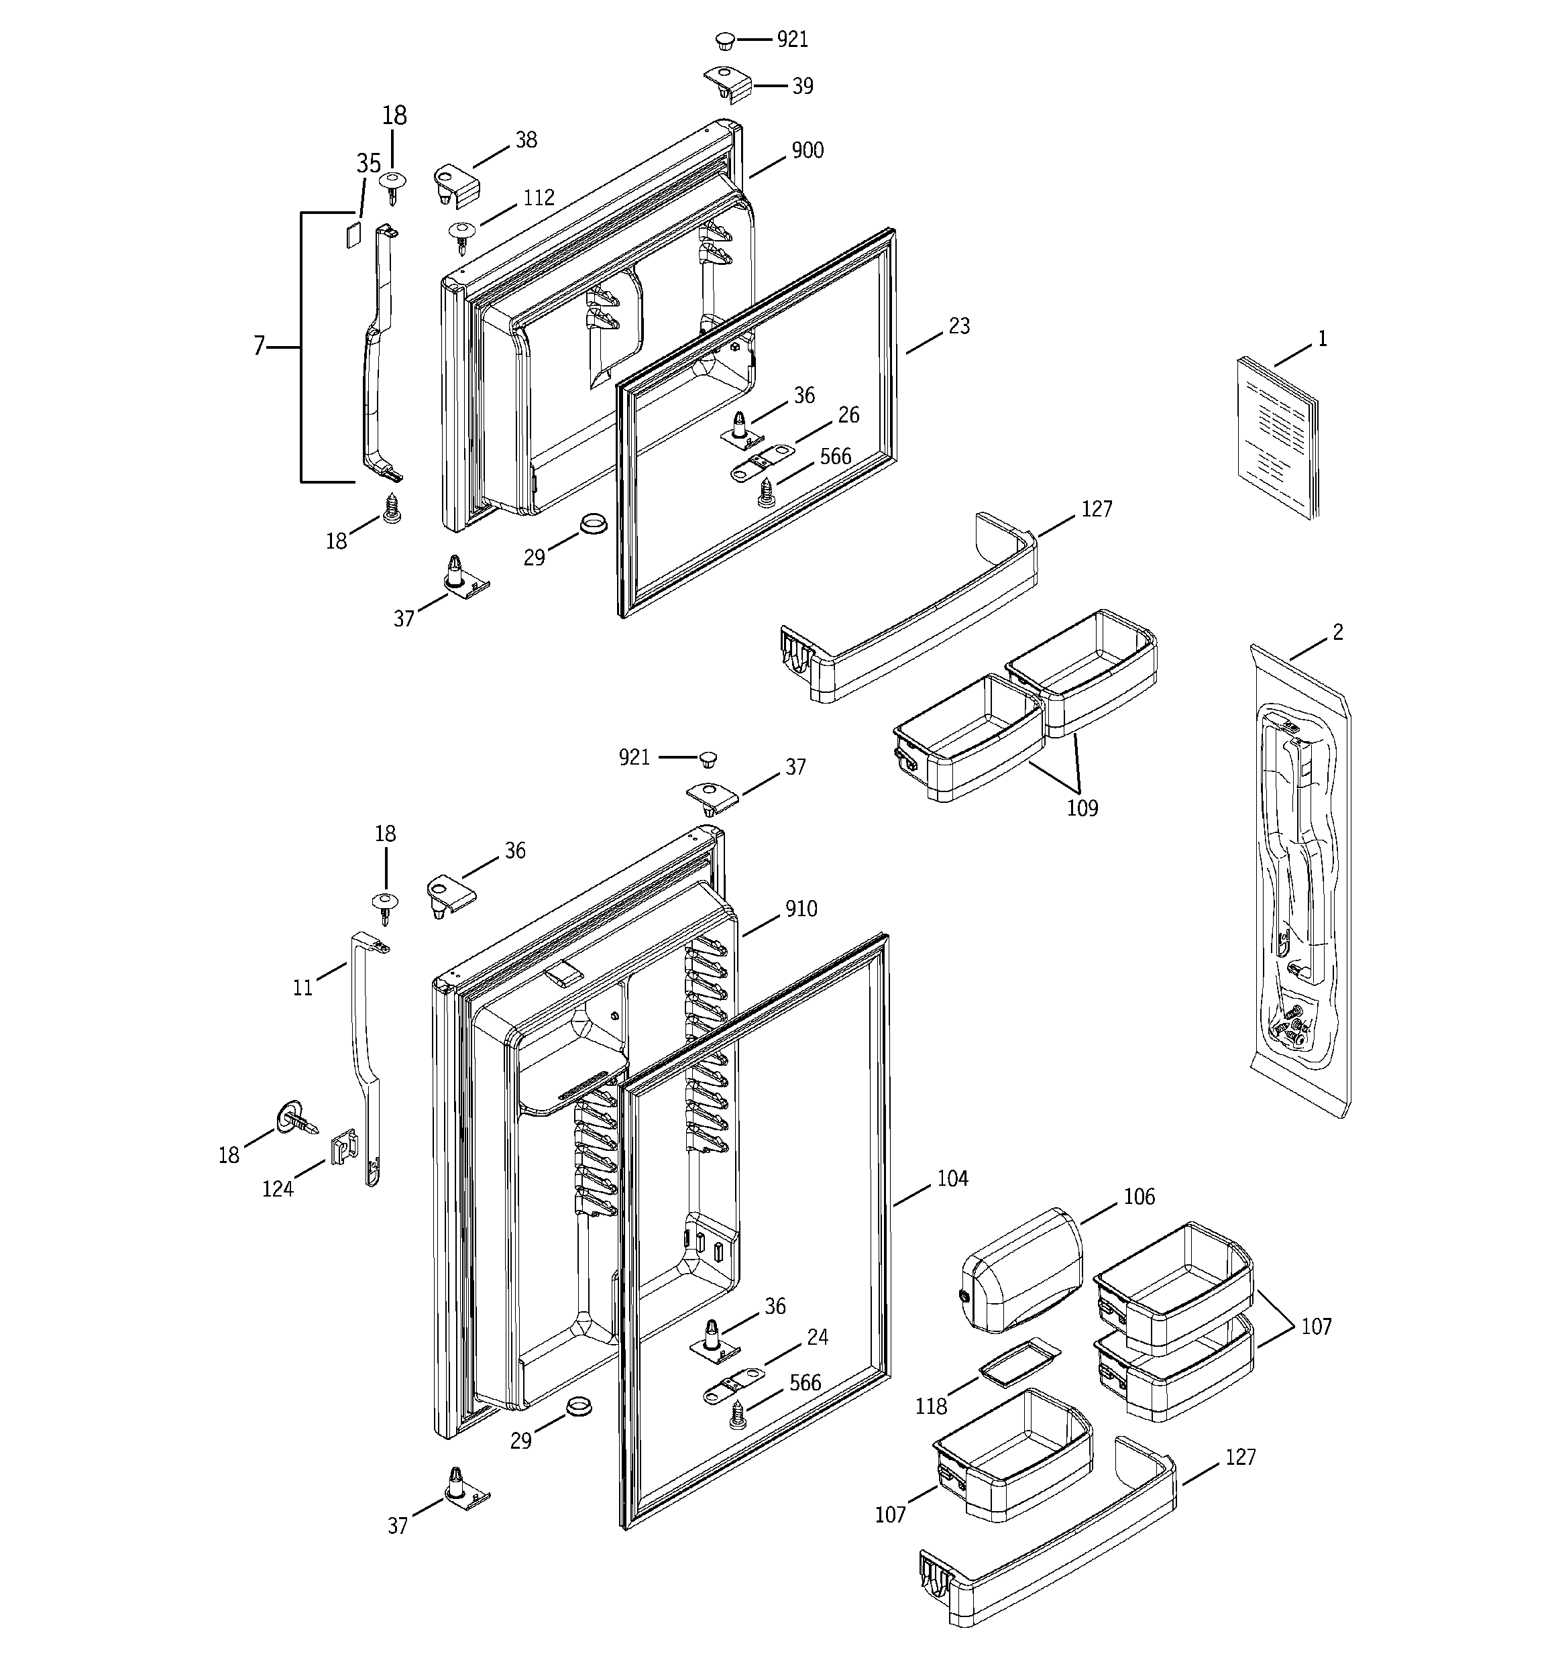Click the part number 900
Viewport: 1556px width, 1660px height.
click(807, 150)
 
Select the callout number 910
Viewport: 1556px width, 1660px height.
click(800, 909)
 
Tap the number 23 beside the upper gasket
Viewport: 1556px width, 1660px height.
click(959, 326)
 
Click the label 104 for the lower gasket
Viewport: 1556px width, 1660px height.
click(952, 1178)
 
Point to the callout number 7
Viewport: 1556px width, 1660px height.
click(259, 345)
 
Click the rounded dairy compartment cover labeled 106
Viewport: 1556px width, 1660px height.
click(1021, 1269)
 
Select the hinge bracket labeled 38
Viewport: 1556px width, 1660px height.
click(456, 184)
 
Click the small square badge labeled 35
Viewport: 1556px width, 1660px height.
click(353, 229)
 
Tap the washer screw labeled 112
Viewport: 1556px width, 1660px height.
click(462, 234)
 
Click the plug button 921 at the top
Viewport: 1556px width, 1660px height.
click(724, 40)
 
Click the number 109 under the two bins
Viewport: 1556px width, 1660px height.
click(1082, 808)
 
